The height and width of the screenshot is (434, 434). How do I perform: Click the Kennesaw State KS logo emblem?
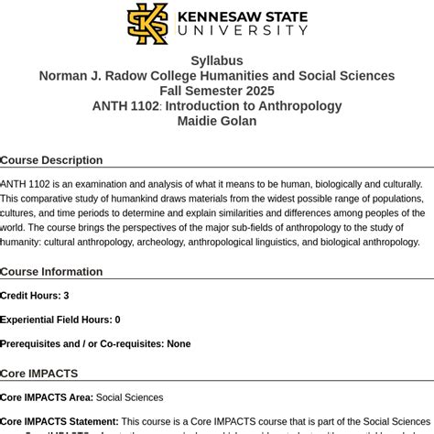click(x=146, y=24)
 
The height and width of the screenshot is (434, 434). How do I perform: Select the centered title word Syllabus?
click(x=217, y=60)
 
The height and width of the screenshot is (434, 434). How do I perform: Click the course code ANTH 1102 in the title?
click(x=125, y=106)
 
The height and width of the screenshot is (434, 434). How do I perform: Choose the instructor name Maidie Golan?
click(x=217, y=121)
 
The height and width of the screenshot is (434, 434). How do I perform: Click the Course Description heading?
click(x=51, y=160)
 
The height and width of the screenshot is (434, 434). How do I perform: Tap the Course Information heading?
click(x=51, y=272)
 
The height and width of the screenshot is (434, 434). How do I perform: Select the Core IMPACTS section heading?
click(x=39, y=374)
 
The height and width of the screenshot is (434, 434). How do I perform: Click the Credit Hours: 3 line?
click(x=35, y=296)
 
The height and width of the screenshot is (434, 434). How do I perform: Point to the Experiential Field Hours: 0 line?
click(x=60, y=320)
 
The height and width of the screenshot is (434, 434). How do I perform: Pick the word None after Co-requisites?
click(x=179, y=343)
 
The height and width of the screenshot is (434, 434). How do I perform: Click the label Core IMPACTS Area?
click(x=47, y=397)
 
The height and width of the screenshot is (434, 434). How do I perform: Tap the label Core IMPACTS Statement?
click(x=60, y=422)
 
